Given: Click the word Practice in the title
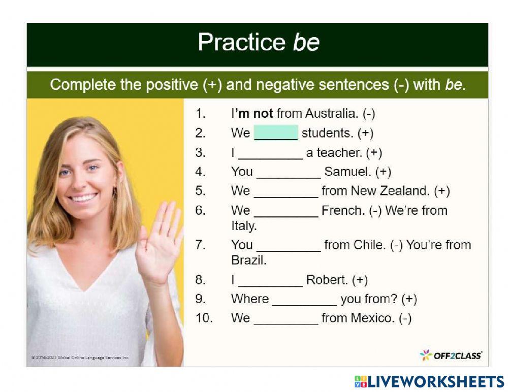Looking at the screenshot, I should click(x=242, y=42).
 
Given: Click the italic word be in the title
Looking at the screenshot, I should click(x=306, y=42).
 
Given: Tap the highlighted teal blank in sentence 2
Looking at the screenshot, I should click(x=276, y=133).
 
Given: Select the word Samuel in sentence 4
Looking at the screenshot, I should click(x=347, y=172).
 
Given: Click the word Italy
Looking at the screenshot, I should click(x=244, y=225).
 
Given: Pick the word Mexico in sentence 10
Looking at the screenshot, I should click(x=373, y=318).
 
